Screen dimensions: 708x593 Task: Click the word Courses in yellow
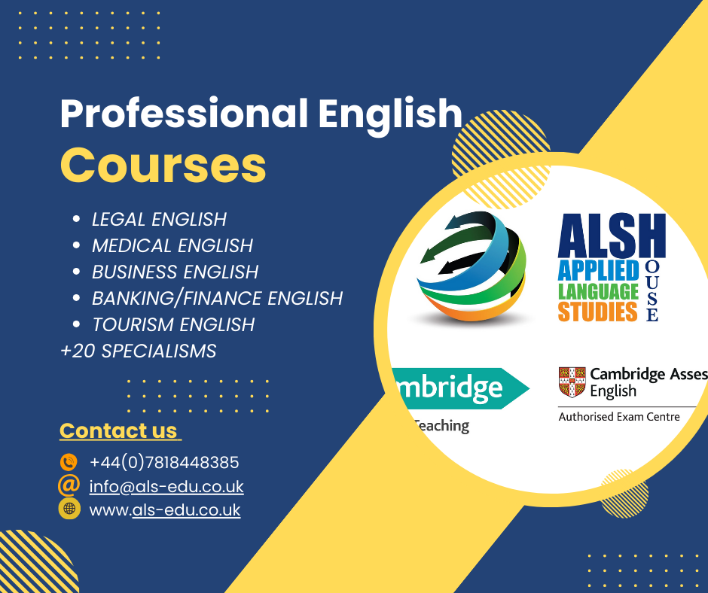click(163, 165)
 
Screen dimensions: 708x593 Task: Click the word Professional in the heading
click(185, 114)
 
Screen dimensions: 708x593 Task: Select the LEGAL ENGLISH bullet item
click(159, 219)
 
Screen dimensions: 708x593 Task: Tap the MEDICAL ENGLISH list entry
click(172, 246)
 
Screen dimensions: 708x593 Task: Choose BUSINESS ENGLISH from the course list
click(175, 272)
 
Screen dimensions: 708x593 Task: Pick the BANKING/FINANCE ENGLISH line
click(217, 298)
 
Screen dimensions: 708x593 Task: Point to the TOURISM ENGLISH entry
click(173, 325)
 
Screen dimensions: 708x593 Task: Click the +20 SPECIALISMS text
click(138, 351)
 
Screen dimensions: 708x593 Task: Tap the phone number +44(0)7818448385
click(164, 463)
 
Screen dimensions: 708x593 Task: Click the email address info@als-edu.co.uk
click(166, 486)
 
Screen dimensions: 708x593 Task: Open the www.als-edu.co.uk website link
click(165, 510)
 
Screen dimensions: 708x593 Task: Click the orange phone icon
click(69, 462)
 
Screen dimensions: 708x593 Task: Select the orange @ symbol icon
click(69, 485)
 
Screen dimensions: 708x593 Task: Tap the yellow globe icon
click(69, 509)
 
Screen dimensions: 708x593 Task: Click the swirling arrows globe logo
click(471, 266)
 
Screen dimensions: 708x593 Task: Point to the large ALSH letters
click(612, 235)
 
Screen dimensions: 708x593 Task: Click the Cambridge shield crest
click(572, 382)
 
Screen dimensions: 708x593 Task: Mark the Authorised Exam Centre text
click(619, 417)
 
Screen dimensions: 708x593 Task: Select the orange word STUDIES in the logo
click(598, 312)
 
